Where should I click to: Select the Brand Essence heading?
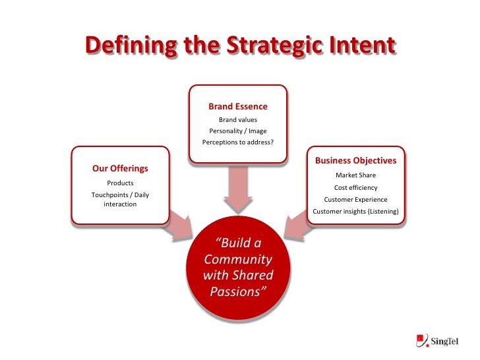coord(238,106)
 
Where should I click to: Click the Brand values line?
coord(238,119)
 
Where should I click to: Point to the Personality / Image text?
coord(238,131)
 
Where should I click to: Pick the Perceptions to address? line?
coord(238,142)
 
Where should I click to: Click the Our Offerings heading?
coord(120,168)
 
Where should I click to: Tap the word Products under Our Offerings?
coord(120,183)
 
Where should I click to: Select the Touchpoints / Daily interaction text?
coord(120,199)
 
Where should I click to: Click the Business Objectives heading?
coord(355,160)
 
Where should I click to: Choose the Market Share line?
coord(355,175)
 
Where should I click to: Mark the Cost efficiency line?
coord(355,187)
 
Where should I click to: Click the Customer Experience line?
coord(355,199)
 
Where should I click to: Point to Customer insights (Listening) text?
coord(355,211)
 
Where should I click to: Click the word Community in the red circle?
coord(238,259)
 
